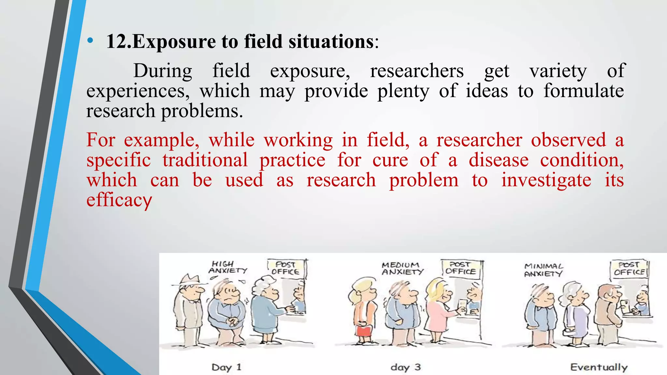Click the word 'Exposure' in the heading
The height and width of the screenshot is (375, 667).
[174, 42]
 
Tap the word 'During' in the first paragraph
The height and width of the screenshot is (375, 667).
[163, 71]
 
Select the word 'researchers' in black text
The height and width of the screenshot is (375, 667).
[417, 71]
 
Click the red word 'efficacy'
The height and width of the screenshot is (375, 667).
[119, 200]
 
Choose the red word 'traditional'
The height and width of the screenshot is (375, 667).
[205, 160]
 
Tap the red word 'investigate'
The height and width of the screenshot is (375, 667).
[546, 180]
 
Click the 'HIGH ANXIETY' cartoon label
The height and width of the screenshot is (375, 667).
[228, 267]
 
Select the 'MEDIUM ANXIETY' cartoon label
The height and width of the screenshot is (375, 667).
[402, 269]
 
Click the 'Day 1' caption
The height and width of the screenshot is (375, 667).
[226, 368]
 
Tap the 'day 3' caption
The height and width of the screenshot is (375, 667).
[406, 368]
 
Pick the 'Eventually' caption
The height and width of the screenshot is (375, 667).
[599, 368]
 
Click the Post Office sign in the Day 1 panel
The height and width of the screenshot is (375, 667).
[286, 268]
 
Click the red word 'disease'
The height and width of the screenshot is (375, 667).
[498, 160]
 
